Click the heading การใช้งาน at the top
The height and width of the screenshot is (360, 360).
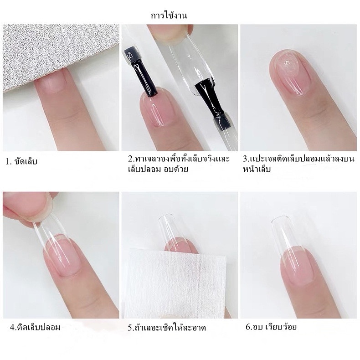169,15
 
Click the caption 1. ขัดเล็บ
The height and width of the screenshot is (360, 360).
21,161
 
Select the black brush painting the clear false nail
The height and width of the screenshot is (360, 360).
210,101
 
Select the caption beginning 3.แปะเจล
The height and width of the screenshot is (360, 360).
298,164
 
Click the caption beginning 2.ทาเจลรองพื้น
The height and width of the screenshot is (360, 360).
179,164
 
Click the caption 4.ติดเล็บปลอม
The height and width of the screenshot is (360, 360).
35,327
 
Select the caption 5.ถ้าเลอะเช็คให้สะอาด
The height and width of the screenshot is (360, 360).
167,328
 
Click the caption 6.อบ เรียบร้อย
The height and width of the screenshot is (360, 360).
271,327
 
